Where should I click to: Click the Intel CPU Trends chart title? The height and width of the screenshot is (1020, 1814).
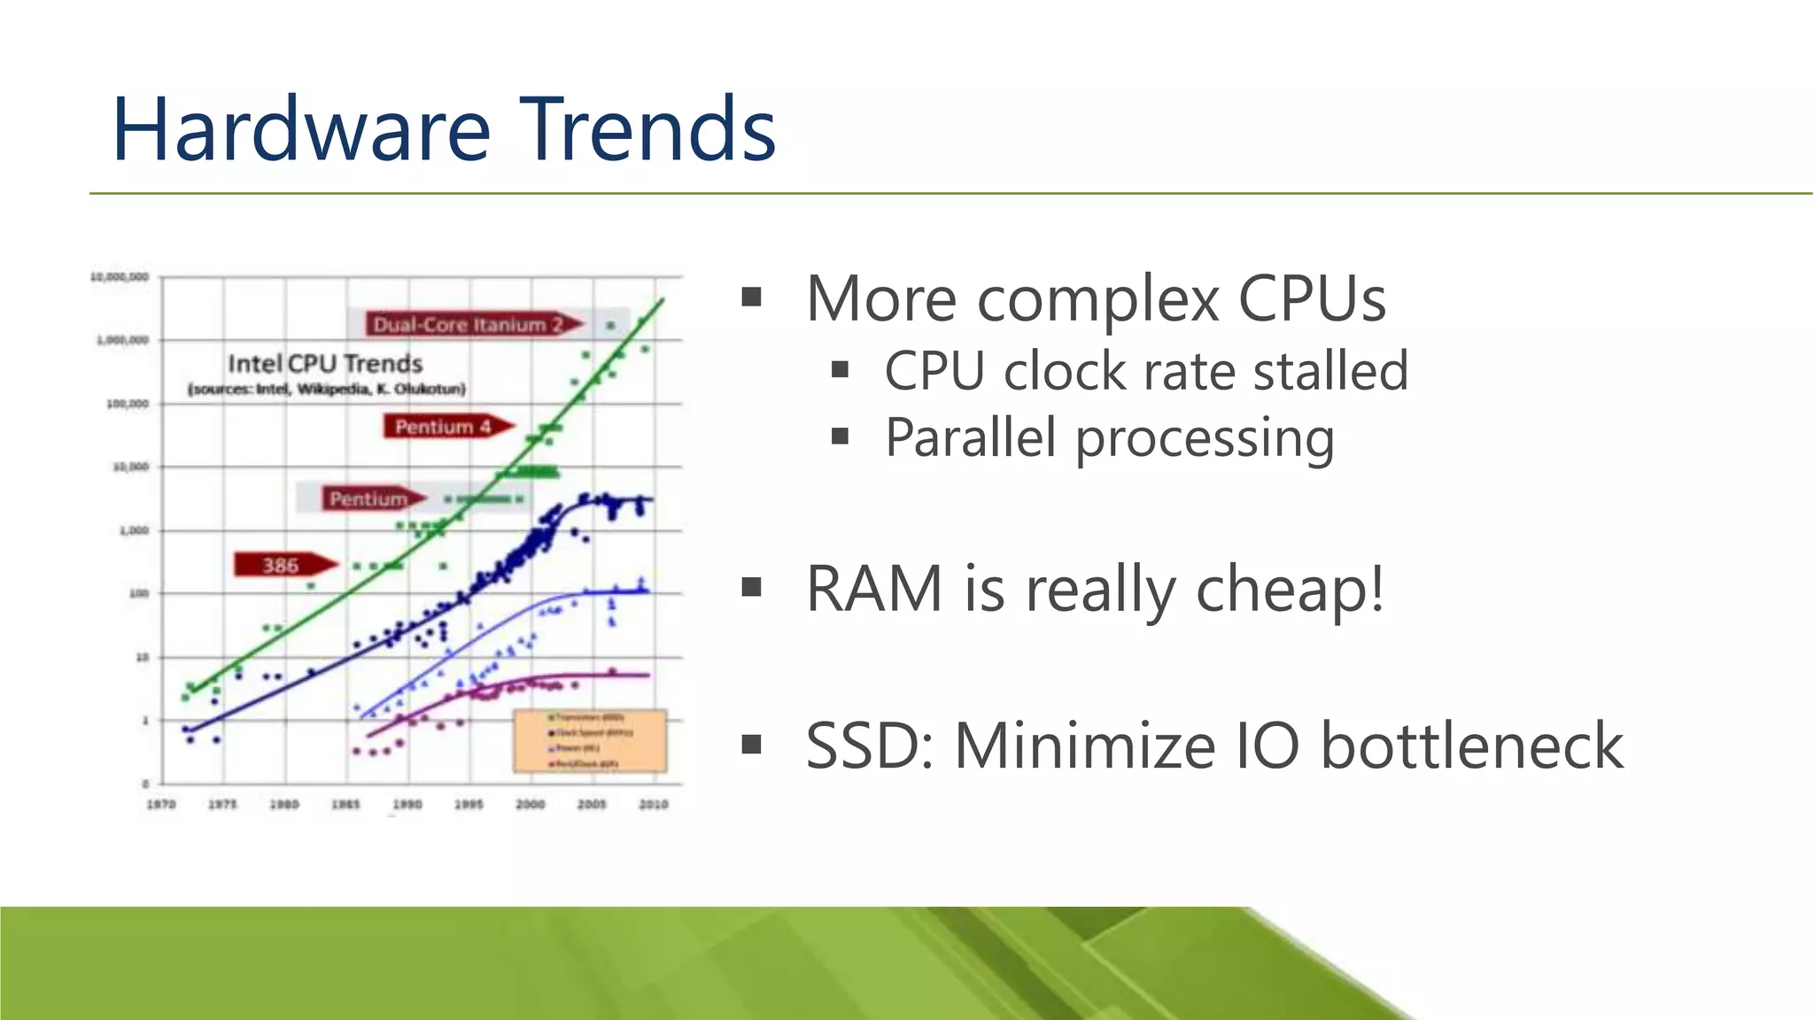click(x=325, y=364)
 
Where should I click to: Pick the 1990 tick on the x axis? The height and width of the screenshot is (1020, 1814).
click(x=407, y=804)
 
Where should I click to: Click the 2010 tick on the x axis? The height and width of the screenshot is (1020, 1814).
click(x=654, y=804)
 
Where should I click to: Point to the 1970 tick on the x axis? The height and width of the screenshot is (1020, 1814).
click(x=161, y=804)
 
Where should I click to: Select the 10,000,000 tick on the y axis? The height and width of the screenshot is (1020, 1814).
click(x=120, y=277)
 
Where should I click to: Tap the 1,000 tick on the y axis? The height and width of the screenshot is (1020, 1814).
click(x=134, y=530)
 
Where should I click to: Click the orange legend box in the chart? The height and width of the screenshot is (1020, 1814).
click(x=590, y=740)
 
